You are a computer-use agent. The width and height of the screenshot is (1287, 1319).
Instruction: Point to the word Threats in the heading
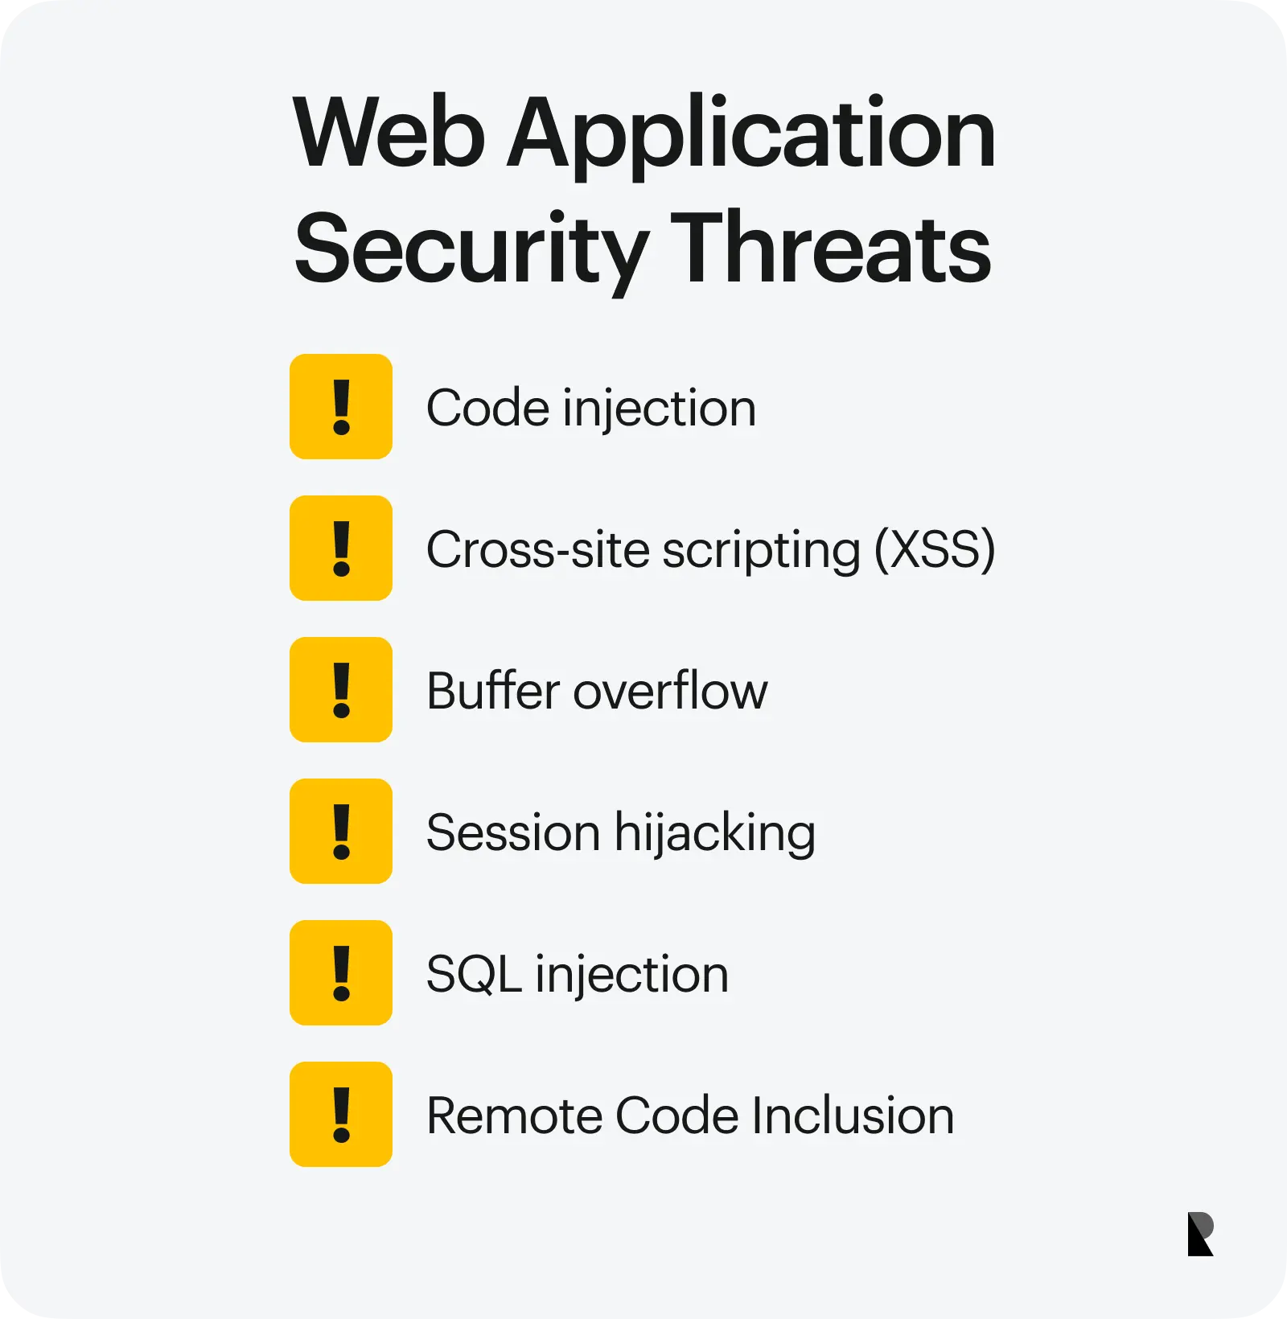click(x=831, y=245)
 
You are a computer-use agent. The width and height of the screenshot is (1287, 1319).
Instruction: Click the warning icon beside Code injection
click(x=341, y=407)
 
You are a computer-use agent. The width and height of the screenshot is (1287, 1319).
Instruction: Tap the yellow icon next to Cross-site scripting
click(x=341, y=549)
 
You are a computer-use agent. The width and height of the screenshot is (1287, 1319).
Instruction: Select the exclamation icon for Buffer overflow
click(x=341, y=690)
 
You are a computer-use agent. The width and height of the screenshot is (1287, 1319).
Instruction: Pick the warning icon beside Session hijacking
click(x=341, y=832)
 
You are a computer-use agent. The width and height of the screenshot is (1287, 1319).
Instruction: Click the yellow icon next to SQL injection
click(x=341, y=973)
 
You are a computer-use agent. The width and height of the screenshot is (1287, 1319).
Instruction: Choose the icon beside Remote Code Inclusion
click(x=341, y=1115)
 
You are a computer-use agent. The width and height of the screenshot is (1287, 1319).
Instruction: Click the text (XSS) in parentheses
click(x=935, y=550)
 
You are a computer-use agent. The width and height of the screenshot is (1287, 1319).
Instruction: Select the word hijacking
click(x=715, y=834)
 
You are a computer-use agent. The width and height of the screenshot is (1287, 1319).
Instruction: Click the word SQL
click(x=474, y=975)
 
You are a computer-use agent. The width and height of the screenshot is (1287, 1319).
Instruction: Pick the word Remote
click(x=515, y=1116)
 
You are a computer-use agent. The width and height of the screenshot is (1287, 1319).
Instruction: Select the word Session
click(x=513, y=832)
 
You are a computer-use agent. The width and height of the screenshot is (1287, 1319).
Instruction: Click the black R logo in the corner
click(x=1200, y=1234)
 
